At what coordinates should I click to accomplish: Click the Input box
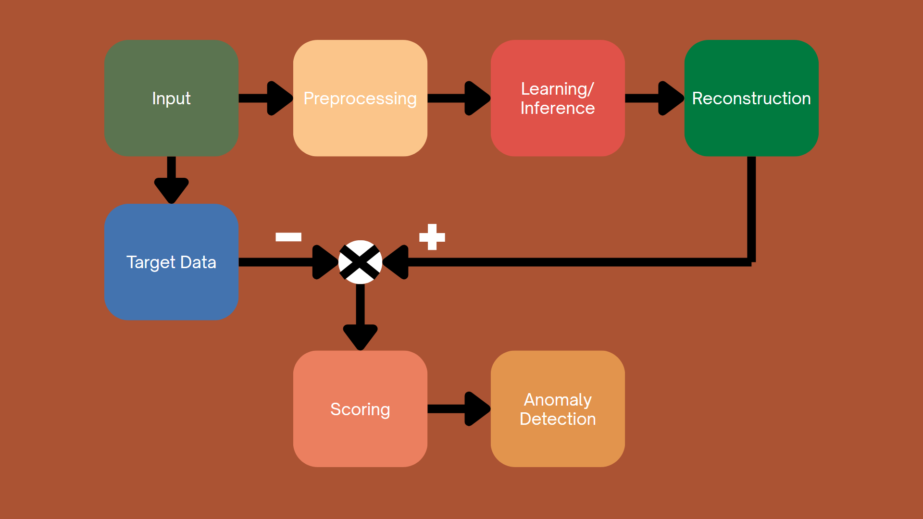pyautogui.click(x=171, y=98)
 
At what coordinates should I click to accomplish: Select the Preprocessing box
pyautogui.click(x=360, y=98)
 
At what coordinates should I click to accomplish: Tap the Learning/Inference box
pyautogui.click(x=558, y=98)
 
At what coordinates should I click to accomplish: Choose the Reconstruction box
pyautogui.click(x=751, y=98)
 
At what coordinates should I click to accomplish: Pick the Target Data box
pyautogui.click(x=171, y=262)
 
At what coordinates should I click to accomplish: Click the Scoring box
pyautogui.click(x=360, y=409)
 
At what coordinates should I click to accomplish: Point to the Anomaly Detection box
pyautogui.click(x=558, y=409)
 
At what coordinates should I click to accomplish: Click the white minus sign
pyautogui.click(x=288, y=236)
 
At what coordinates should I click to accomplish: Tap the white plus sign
pyautogui.click(x=432, y=237)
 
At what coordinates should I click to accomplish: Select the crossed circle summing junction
pyautogui.click(x=360, y=262)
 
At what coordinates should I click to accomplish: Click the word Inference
pyautogui.click(x=558, y=108)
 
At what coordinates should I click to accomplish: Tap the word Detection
pyautogui.click(x=558, y=419)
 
